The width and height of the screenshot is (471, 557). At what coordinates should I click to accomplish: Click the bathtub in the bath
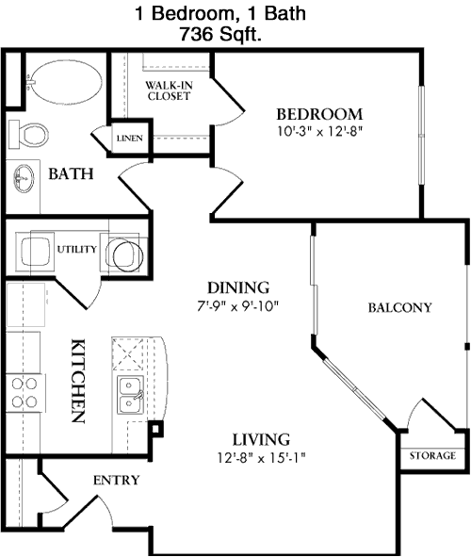pos(65,82)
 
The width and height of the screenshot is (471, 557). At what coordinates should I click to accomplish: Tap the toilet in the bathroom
pos(29,134)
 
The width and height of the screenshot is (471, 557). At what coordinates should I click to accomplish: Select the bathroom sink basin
pos(24,178)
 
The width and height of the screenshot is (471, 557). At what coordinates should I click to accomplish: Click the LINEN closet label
pos(130,139)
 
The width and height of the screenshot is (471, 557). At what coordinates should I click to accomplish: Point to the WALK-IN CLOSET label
pos(169,90)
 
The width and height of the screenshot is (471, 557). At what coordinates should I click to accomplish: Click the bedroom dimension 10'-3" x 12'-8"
pos(319,131)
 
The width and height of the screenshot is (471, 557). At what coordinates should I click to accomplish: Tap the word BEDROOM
pos(319,114)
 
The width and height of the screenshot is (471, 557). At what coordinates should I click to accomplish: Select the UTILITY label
pos(76,250)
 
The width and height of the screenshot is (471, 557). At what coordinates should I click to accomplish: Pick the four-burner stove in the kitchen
pos(24,392)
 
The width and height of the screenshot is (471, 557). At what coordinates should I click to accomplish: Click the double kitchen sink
pos(130,395)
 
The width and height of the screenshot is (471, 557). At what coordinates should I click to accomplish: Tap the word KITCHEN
pos(78,381)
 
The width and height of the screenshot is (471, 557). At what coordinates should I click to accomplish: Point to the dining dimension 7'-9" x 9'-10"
pos(238,306)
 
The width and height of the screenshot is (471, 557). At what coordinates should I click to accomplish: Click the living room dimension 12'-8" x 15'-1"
pos(262,458)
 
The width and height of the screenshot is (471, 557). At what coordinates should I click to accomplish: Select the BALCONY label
pos(400,307)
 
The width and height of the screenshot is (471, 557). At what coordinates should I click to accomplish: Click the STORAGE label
pos(432,456)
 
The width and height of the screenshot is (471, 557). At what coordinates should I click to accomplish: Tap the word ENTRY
pos(117,481)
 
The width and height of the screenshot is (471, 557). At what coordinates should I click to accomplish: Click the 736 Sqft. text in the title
pos(220,35)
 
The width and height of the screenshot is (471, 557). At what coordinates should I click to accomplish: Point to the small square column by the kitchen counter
pos(155,429)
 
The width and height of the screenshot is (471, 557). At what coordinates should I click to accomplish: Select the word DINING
pos(238,287)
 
